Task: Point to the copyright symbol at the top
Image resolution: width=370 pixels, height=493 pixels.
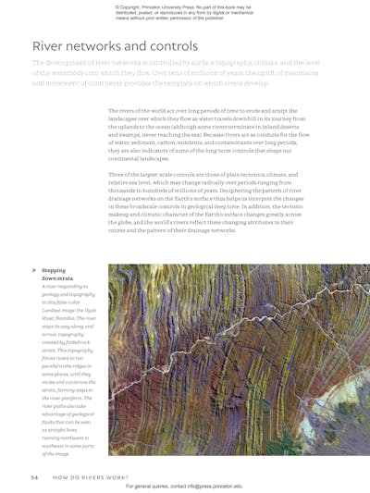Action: click(x=117, y=6)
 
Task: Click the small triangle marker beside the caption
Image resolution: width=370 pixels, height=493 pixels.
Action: click(x=34, y=270)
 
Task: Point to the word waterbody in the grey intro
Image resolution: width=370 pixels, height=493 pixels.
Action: click(x=66, y=71)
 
